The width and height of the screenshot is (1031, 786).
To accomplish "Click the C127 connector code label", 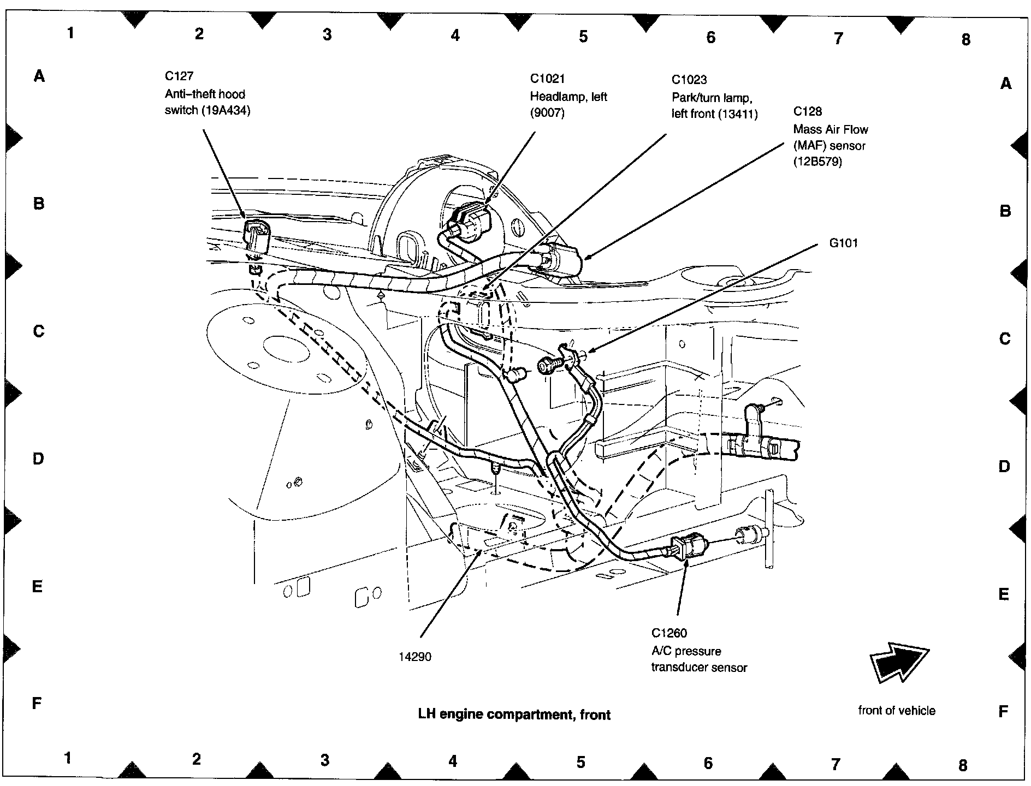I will pos(179,76).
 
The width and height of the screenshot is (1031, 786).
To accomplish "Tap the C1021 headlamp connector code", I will pos(547,79).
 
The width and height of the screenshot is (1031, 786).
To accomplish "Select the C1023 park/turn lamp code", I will pos(689,80).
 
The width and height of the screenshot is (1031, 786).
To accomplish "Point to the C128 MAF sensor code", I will pos(807,111).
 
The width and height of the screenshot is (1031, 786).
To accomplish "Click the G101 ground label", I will pos(843,243).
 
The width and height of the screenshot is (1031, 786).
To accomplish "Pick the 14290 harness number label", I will pos(414,657).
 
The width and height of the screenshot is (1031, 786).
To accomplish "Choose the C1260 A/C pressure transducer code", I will pos(669,633).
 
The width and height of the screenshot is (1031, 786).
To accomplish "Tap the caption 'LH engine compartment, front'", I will pos(514,714).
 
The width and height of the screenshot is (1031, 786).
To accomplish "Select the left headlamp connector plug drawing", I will pos(470,224).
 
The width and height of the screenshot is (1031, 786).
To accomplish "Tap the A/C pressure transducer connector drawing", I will pos(689,546).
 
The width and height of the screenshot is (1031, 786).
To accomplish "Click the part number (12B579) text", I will pos(817,162).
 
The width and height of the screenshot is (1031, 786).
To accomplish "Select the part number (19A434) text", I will pos(226,110).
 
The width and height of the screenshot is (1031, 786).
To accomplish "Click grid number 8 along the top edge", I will pos(965,39).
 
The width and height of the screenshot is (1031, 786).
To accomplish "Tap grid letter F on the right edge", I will pos(1003,711).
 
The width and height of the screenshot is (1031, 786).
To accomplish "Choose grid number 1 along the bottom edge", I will pos(67,758).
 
